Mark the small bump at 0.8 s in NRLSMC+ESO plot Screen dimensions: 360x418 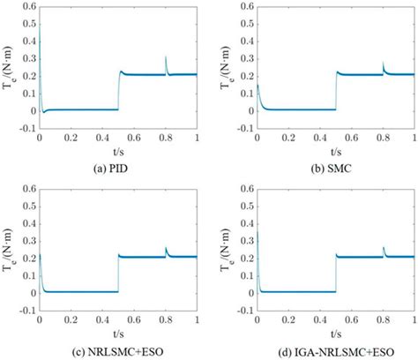pos(166,251)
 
